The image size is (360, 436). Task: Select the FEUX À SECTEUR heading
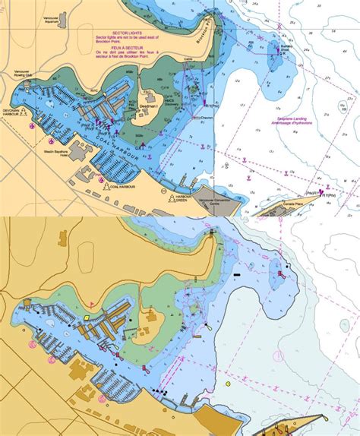[126, 47]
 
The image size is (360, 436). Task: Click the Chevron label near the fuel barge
[206, 118]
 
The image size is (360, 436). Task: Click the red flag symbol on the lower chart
[207, 330]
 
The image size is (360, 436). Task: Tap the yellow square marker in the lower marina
[87, 318]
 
